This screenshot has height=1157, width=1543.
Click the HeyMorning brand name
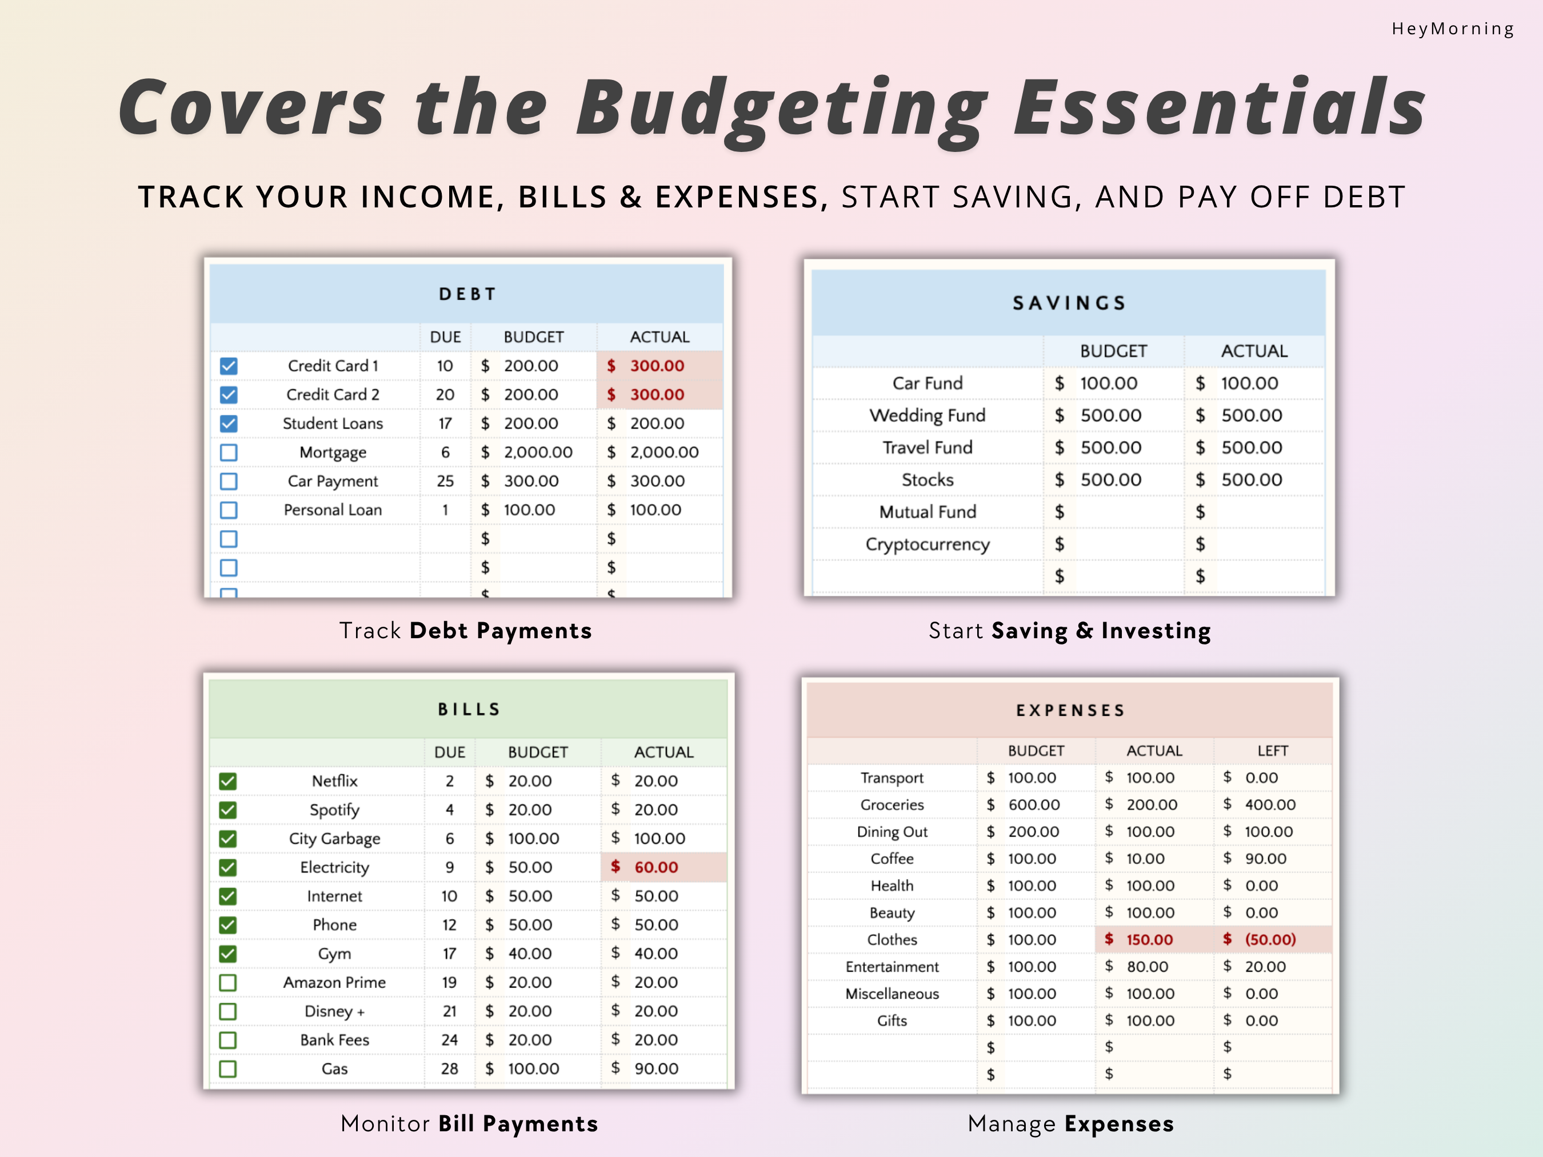(1452, 29)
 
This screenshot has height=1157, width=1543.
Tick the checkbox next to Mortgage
(229, 453)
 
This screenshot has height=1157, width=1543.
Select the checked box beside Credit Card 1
(229, 366)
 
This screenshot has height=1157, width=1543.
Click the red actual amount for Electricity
(655, 867)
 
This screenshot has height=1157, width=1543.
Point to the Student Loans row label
(333, 423)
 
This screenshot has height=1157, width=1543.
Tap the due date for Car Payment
(445, 481)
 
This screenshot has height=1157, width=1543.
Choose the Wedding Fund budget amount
(1110, 415)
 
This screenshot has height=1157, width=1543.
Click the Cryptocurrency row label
(927, 544)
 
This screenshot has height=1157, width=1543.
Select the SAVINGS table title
(1069, 303)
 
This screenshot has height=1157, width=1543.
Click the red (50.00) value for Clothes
(1270, 939)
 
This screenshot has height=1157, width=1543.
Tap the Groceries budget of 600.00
(1034, 805)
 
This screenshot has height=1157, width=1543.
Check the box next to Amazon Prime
(228, 983)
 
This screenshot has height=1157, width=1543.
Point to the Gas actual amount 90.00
(655, 1068)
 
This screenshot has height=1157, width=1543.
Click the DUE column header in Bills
(449, 752)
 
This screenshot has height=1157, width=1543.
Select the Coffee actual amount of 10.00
(1145, 859)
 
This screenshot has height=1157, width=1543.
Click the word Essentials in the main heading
(1220, 108)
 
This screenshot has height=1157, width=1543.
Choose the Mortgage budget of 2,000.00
(538, 453)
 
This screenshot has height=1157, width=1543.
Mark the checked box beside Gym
(228, 954)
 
